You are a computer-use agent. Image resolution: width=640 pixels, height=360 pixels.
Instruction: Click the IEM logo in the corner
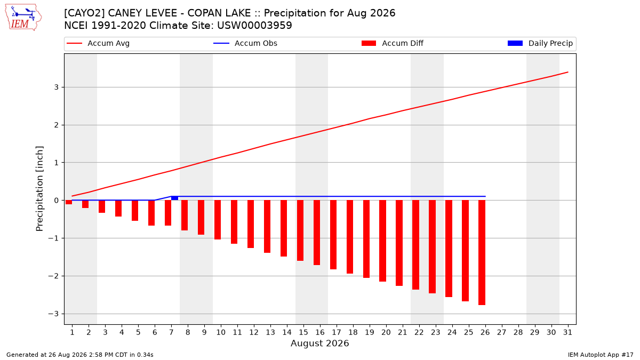[23, 18]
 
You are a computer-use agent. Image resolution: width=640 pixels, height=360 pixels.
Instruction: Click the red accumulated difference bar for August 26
[482, 252]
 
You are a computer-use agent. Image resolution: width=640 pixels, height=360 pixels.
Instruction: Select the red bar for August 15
[300, 230]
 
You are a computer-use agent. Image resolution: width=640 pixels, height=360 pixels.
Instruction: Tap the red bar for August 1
[69, 202]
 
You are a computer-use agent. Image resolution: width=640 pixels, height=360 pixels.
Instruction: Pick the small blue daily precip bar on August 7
[174, 198]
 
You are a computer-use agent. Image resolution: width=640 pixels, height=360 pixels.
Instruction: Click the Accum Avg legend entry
[98, 43]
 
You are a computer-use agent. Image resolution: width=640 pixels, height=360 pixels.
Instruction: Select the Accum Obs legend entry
[245, 43]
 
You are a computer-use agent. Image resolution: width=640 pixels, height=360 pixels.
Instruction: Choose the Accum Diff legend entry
[393, 43]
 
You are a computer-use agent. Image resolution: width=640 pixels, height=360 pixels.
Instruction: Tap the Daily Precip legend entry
[540, 43]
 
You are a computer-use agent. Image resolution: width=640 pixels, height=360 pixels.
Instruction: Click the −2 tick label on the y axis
[53, 276]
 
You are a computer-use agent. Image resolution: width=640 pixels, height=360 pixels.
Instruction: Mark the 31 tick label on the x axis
[567, 332]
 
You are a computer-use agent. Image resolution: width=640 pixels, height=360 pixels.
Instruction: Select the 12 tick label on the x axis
[254, 332]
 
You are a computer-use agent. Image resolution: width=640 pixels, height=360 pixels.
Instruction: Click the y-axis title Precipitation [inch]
[39, 189]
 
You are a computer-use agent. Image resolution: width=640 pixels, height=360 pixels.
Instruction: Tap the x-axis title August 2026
[319, 343]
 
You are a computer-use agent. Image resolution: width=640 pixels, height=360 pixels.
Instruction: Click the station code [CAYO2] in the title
[84, 13]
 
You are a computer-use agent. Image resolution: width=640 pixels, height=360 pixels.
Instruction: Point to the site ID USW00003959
[254, 26]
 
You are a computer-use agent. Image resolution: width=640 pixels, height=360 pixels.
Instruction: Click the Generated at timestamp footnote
[79, 355]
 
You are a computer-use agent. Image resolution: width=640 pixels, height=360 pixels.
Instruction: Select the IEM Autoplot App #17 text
[601, 355]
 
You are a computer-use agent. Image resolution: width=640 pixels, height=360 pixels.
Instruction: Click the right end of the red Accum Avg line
[567, 73]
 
